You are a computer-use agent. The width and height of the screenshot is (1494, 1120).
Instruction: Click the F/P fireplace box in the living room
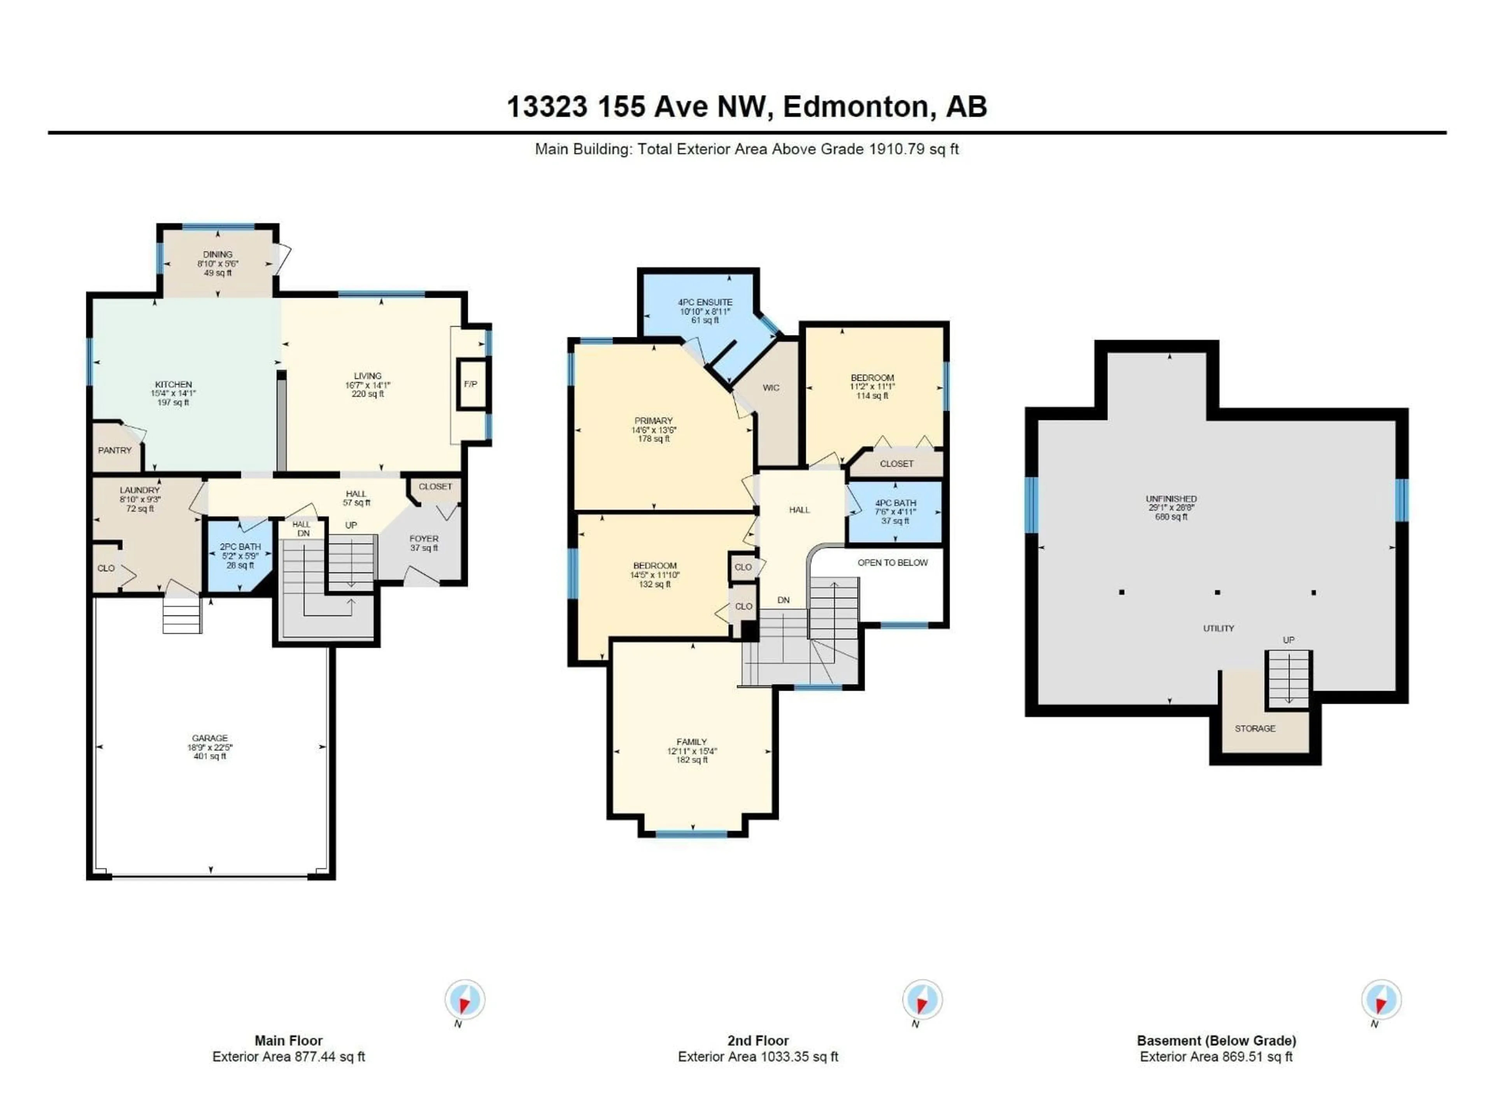471,384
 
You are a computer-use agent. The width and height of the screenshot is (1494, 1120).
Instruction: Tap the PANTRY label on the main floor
115,450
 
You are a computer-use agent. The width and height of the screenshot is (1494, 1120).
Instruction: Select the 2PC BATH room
240,556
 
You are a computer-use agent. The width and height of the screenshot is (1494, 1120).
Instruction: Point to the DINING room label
217,254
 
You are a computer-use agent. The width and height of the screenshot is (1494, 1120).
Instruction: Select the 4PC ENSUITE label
705,303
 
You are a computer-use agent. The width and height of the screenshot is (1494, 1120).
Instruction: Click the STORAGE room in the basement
1255,728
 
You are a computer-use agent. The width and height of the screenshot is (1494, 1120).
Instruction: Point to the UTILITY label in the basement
1219,628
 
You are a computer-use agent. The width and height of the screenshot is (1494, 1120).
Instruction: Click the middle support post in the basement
1217,592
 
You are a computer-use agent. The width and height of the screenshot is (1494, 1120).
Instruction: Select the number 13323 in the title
547,107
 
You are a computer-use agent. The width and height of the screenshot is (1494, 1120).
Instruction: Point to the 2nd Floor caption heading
758,1040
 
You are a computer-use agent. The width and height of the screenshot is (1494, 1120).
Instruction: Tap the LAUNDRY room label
140,490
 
